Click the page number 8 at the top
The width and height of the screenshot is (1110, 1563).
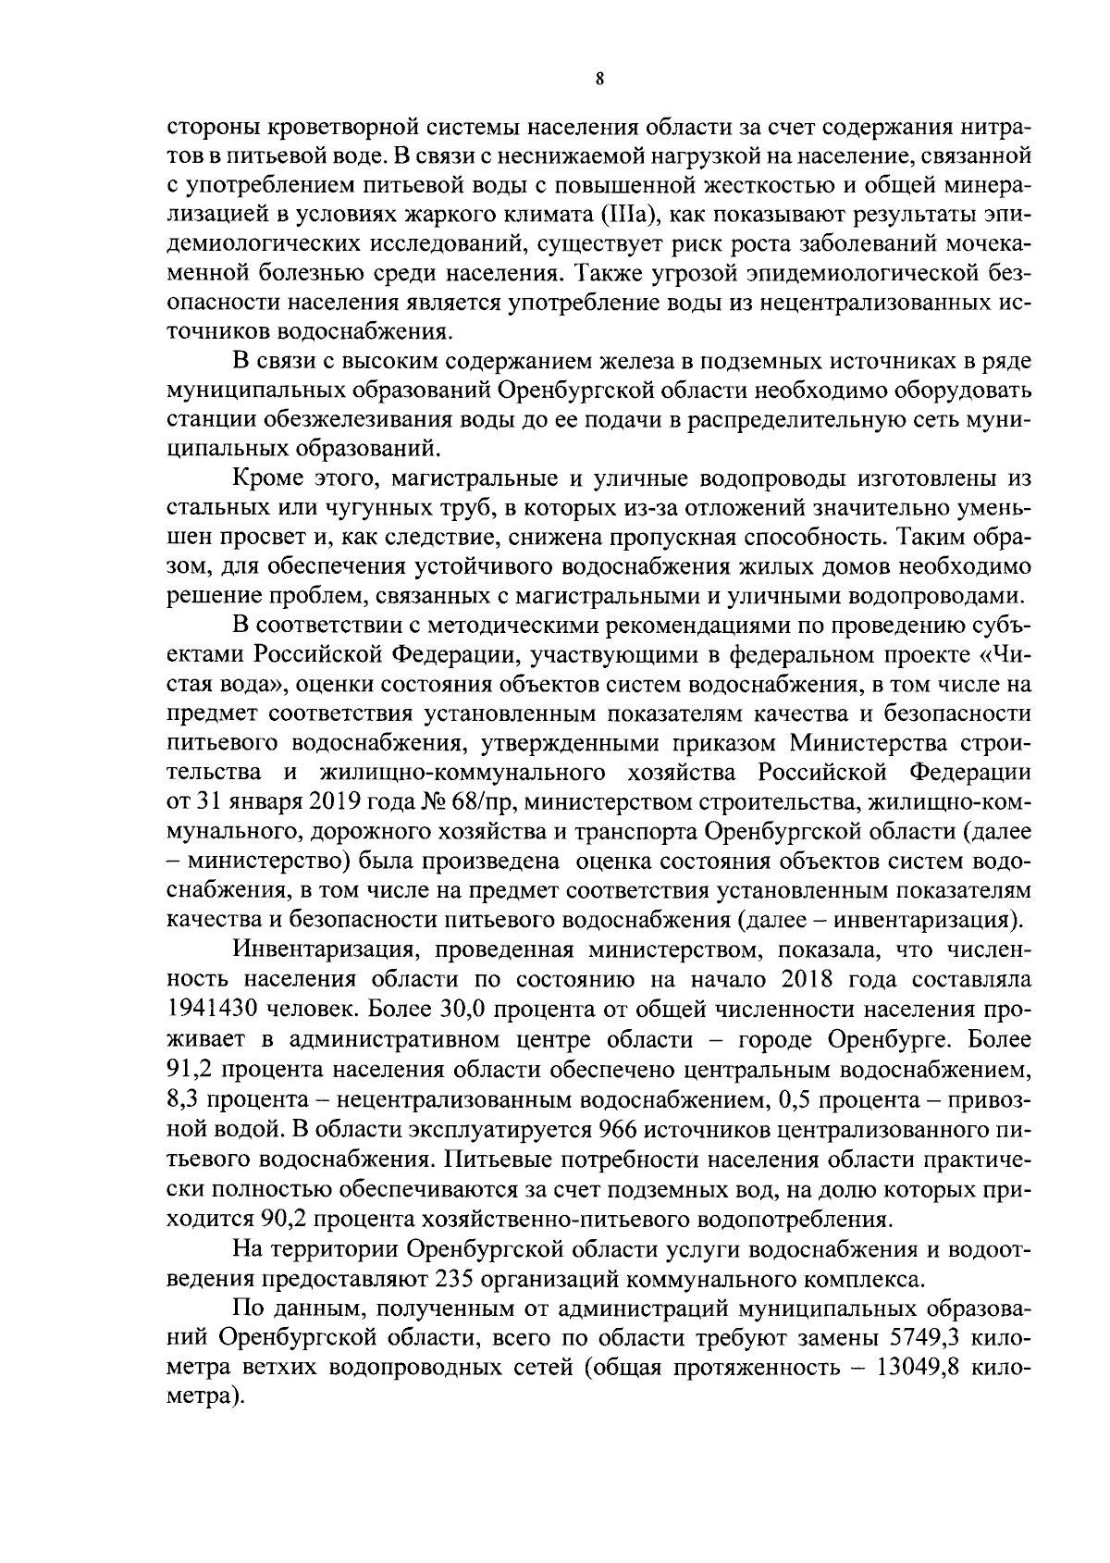[599, 81]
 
